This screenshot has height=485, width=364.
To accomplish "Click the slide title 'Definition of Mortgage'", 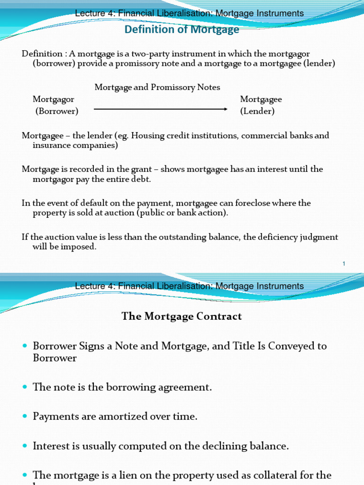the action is [x=182, y=30].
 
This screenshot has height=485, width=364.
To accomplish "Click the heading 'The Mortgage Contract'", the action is [x=182, y=316].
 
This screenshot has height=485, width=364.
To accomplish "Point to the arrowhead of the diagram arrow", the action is [x=226, y=109].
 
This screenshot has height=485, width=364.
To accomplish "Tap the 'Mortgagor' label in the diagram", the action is [x=53, y=99].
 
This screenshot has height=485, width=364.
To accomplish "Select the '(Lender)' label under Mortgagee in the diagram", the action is [x=257, y=111].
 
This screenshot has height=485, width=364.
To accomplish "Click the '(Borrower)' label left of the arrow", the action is [x=57, y=111].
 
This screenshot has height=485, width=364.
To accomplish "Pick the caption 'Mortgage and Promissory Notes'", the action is [x=157, y=87].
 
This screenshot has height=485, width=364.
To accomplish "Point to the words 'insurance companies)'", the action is [x=75, y=145].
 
